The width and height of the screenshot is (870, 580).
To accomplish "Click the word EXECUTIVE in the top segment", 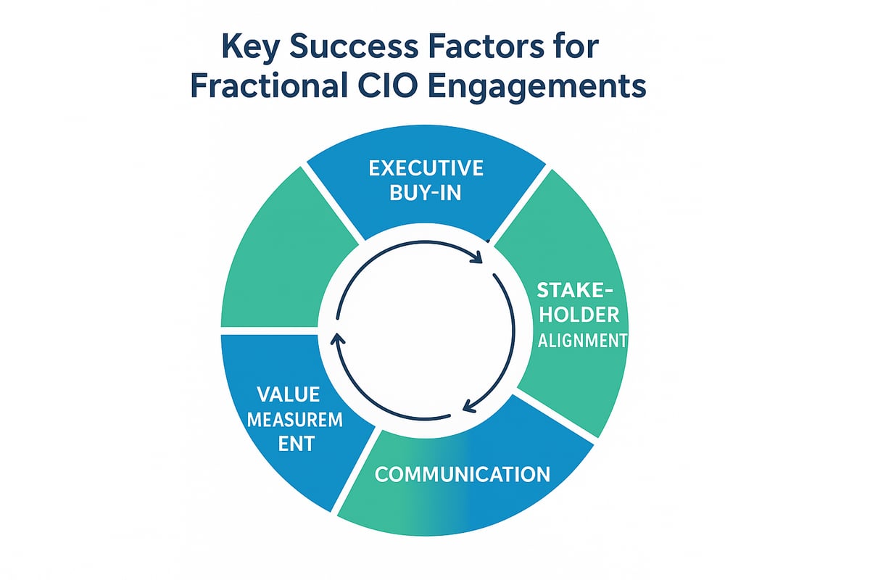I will [426, 169].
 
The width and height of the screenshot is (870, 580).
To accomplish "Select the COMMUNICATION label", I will [462, 475].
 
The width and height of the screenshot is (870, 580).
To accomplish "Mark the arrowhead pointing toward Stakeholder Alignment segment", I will [478, 258].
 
